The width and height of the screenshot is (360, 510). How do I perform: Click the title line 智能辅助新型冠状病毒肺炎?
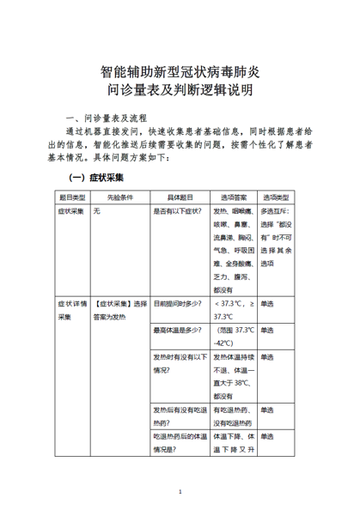click(180, 72)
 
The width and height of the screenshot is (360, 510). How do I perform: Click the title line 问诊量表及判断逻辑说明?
click(180, 91)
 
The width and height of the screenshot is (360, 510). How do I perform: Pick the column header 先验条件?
click(120, 197)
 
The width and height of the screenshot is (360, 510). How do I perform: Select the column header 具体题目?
click(179, 197)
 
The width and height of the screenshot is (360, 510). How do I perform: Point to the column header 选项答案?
click(231, 197)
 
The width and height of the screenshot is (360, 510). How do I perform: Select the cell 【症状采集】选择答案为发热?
click(121, 311)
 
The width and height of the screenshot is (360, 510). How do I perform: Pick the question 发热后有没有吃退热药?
click(179, 416)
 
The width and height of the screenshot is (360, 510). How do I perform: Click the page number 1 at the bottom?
click(180, 492)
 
